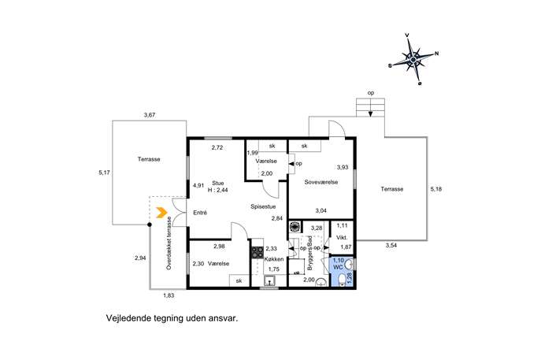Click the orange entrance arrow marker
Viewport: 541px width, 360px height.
coord(161,213)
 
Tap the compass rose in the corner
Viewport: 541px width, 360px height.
coord(413,60)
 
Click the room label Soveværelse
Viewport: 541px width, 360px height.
coord(321,182)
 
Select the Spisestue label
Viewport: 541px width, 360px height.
coord(263,206)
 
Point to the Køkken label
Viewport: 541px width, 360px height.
coord(274,259)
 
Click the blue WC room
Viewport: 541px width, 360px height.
coord(342,272)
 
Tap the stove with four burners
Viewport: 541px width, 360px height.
coord(258,252)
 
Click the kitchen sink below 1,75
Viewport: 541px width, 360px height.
coord(271,281)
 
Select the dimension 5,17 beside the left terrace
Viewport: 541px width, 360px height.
coord(104,173)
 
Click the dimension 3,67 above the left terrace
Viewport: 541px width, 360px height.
coord(150,115)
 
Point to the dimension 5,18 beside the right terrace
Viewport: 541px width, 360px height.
coord(435,189)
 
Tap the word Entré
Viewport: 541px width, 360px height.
coord(200,213)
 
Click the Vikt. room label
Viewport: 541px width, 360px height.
coord(342,237)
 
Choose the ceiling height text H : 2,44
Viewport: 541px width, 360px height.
coord(217,190)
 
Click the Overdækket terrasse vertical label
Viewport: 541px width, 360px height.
coord(169,243)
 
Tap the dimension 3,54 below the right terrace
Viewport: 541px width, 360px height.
coord(391,246)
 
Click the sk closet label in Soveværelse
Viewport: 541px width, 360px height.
coord(304,146)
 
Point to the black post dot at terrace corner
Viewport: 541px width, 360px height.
coord(150,225)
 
